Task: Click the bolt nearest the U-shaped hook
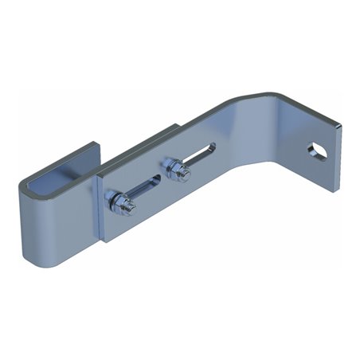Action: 124,202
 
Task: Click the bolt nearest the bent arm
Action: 174,166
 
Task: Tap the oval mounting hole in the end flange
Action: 317,151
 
